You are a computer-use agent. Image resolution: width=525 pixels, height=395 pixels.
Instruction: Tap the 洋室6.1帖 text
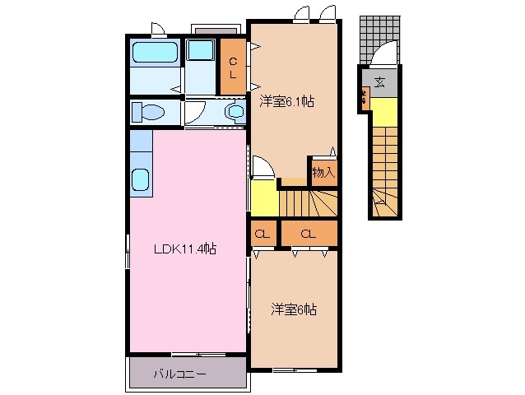click(x=287, y=102)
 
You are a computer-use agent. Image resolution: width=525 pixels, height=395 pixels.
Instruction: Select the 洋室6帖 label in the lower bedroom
click(x=294, y=309)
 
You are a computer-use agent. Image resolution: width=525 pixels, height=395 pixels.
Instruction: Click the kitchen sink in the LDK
click(x=140, y=179)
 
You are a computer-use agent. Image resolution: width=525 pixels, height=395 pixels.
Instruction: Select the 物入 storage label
click(x=323, y=173)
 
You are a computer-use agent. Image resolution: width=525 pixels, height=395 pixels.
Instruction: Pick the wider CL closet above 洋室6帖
click(x=308, y=235)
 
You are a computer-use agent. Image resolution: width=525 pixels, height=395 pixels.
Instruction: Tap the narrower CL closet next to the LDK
click(x=262, y=235)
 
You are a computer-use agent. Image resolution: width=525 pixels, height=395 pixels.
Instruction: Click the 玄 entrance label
click(x=379, y=81)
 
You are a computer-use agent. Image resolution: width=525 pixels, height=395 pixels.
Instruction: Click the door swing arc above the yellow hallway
click(x=263, y=170)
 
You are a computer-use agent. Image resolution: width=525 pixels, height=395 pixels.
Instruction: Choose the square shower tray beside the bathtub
click(x=200, y=50)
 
